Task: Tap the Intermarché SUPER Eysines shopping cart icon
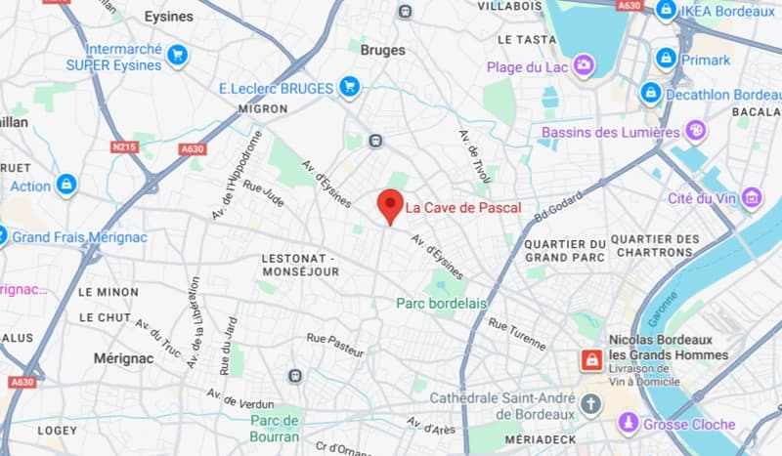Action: (177, 55)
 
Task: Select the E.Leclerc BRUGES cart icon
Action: (349, 88)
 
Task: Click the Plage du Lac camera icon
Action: (584, 65)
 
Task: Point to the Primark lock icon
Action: (666, 59)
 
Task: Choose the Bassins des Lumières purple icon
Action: (696, 130)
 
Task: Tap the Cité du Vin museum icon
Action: (752, 198)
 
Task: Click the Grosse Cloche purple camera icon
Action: (629, 424)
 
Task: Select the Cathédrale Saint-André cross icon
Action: (589, 402)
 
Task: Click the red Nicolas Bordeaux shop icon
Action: (590, 359)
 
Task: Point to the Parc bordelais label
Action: (441, 304)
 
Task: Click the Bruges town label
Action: (382, 50)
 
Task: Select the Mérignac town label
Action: (124, 358)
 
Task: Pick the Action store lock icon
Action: (66, 185)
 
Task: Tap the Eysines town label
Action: (168, 17)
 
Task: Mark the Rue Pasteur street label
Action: (335, 344)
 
